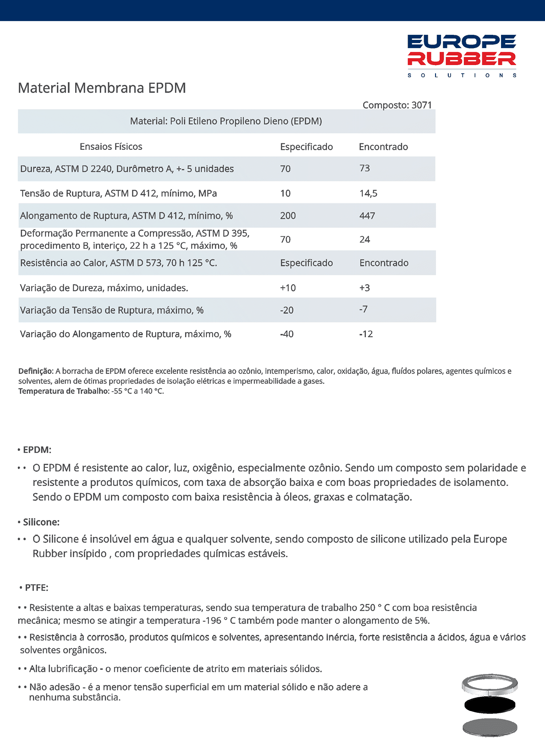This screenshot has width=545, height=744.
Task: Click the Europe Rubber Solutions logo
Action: [462, 55]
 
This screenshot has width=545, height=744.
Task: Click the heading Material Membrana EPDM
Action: [102, 88]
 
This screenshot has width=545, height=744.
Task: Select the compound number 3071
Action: [421, 105]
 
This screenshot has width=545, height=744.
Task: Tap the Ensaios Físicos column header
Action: [111, 147]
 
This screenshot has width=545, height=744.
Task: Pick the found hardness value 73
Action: [365, 168]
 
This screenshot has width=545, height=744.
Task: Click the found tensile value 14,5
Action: [368, 193]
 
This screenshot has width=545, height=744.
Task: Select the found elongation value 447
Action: [367, 216]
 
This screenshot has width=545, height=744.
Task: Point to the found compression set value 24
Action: [365, 239]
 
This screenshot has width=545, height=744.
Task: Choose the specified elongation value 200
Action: [288, 216]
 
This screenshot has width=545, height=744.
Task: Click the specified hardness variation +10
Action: [288, 288]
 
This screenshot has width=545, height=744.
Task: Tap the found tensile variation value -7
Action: [363, 309]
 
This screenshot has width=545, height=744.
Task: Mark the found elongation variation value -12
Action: [366, 334]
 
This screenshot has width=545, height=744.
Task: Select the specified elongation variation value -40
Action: [287, 334]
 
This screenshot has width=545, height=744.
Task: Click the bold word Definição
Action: [36, 371]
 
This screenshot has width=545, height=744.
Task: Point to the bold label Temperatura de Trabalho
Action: [63, 391]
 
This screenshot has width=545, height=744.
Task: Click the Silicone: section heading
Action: [41, 522]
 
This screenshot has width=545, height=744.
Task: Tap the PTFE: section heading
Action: [36, 587]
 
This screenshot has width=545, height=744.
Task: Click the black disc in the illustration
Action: [490, 705]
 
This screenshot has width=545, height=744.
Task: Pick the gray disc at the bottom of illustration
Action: [490, 727]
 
